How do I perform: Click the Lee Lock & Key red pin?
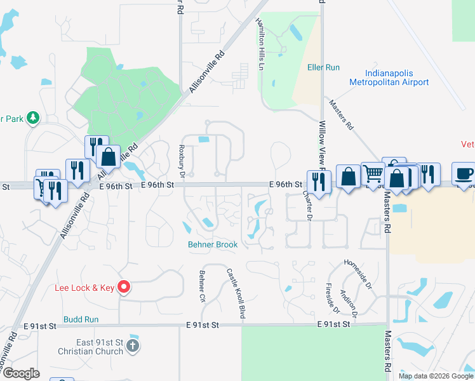coord(124,288)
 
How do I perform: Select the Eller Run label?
coord(324,67)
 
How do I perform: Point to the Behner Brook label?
coord(212,244)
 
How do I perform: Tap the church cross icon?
coord(132,346)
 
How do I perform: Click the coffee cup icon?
coord(463,173)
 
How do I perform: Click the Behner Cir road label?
coord(202,287)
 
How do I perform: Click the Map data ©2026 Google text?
coord(436,376)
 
